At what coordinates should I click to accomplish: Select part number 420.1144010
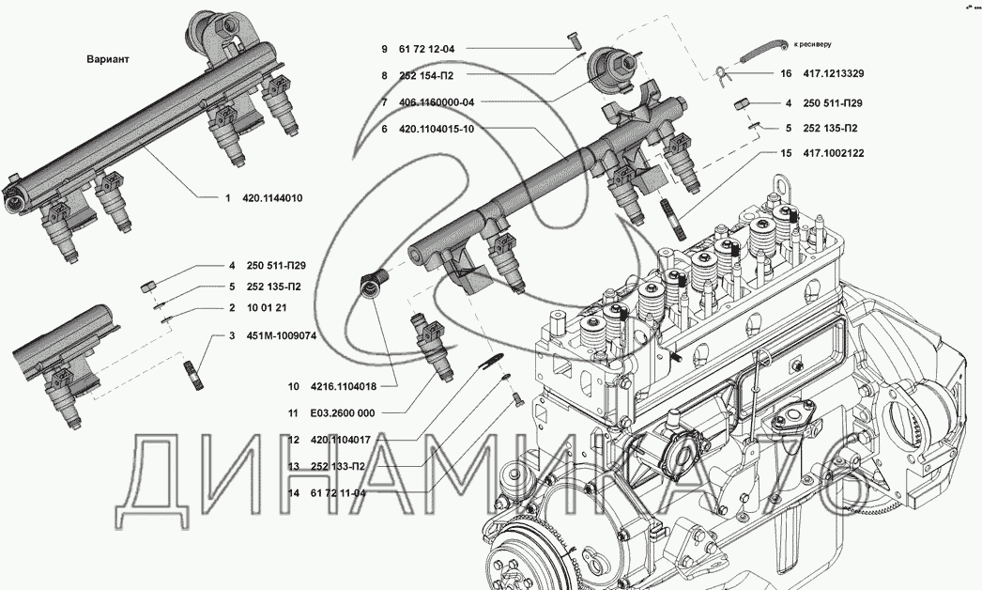pos(272,198)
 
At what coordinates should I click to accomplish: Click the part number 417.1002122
pos(835,153)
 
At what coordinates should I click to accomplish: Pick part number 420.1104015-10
pos(437,129)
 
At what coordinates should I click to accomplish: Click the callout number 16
pos(786,73)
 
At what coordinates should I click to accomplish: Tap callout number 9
pos(384,48)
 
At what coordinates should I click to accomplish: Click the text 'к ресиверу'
pos(813,43)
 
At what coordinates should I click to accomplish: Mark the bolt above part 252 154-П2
pos(576,40)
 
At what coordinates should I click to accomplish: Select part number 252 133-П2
pos(339,466)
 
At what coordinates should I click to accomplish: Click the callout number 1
pos(226,198)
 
